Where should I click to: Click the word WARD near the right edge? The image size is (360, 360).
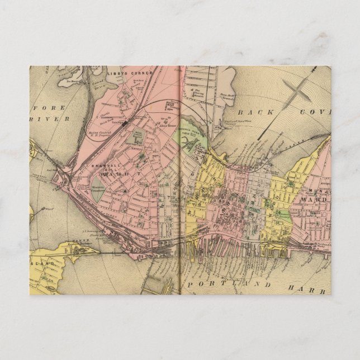click(x=311, y=199)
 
